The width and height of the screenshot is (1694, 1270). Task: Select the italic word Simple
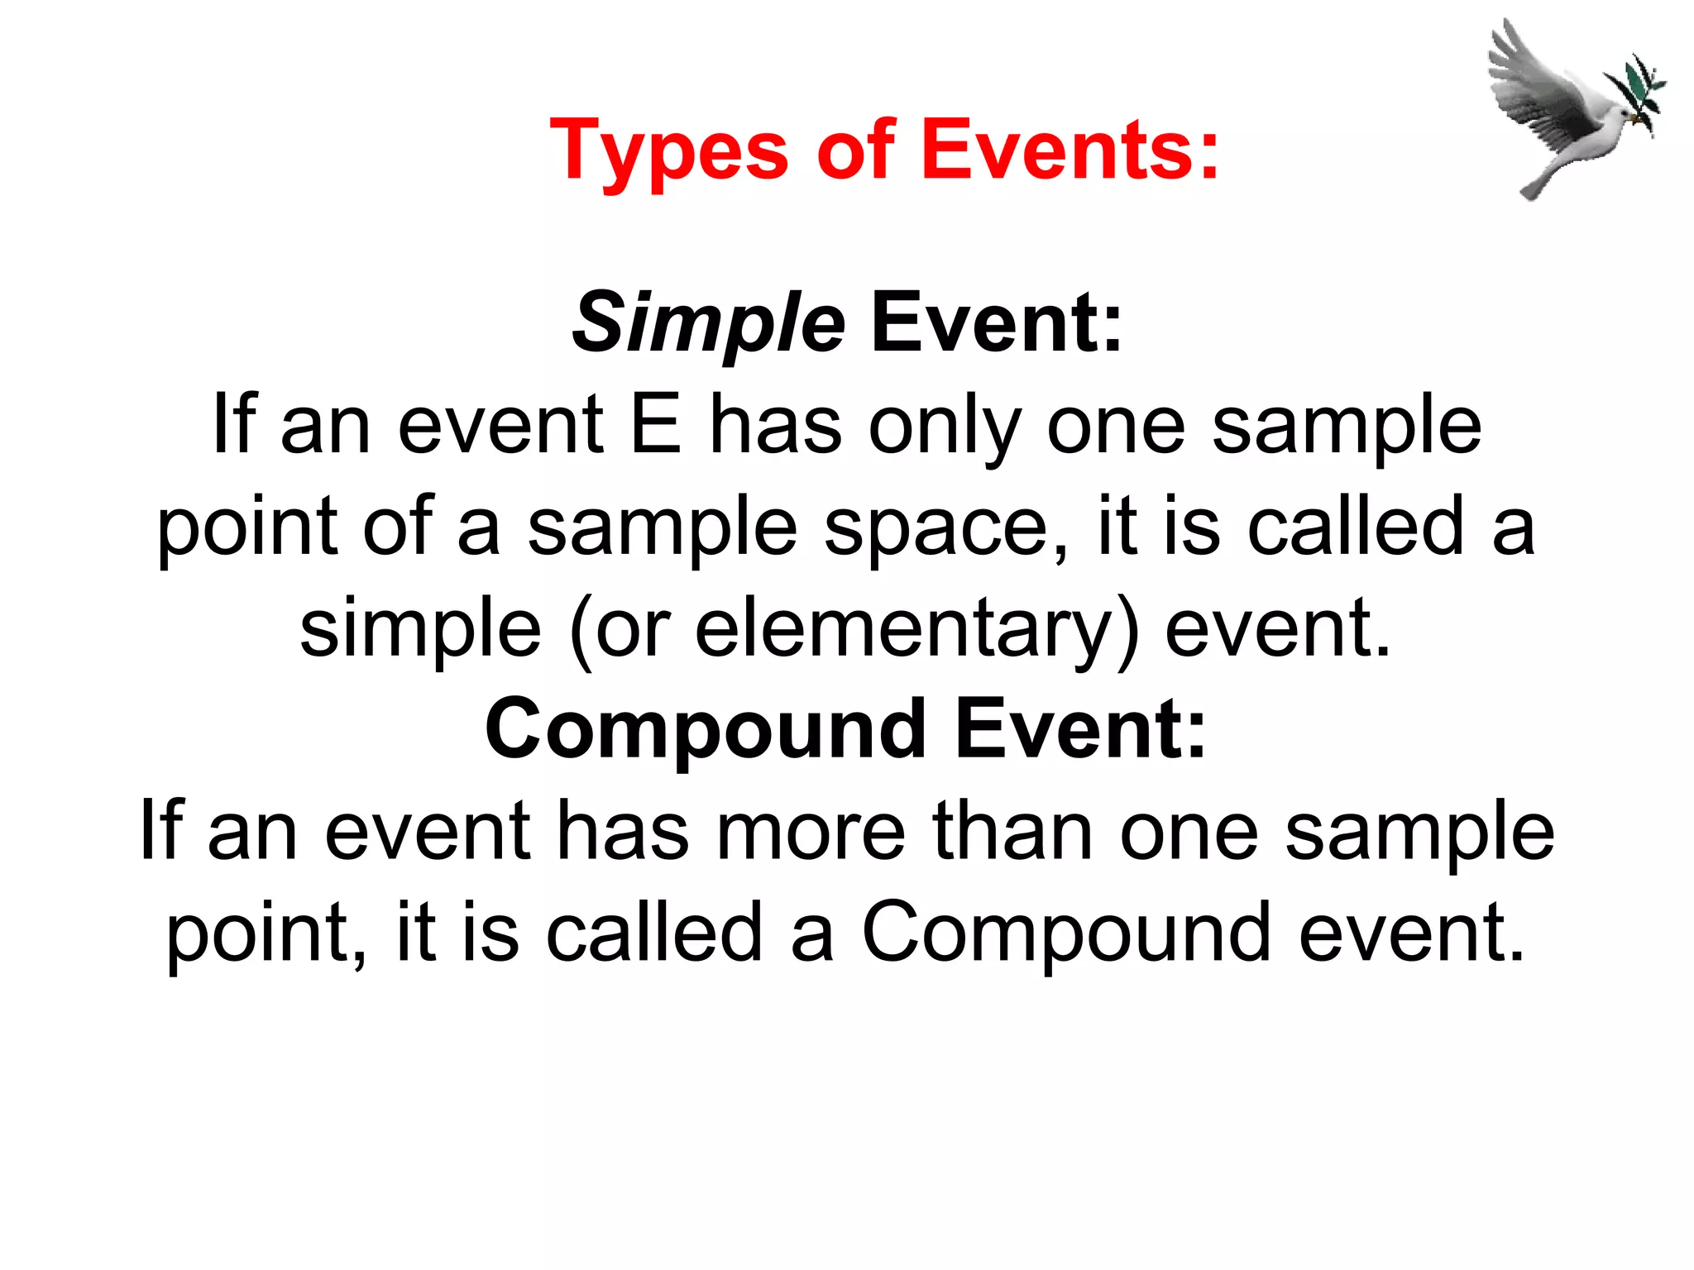708,323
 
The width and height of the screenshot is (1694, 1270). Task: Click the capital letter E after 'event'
656,425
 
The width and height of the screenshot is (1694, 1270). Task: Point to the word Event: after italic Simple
997,323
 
